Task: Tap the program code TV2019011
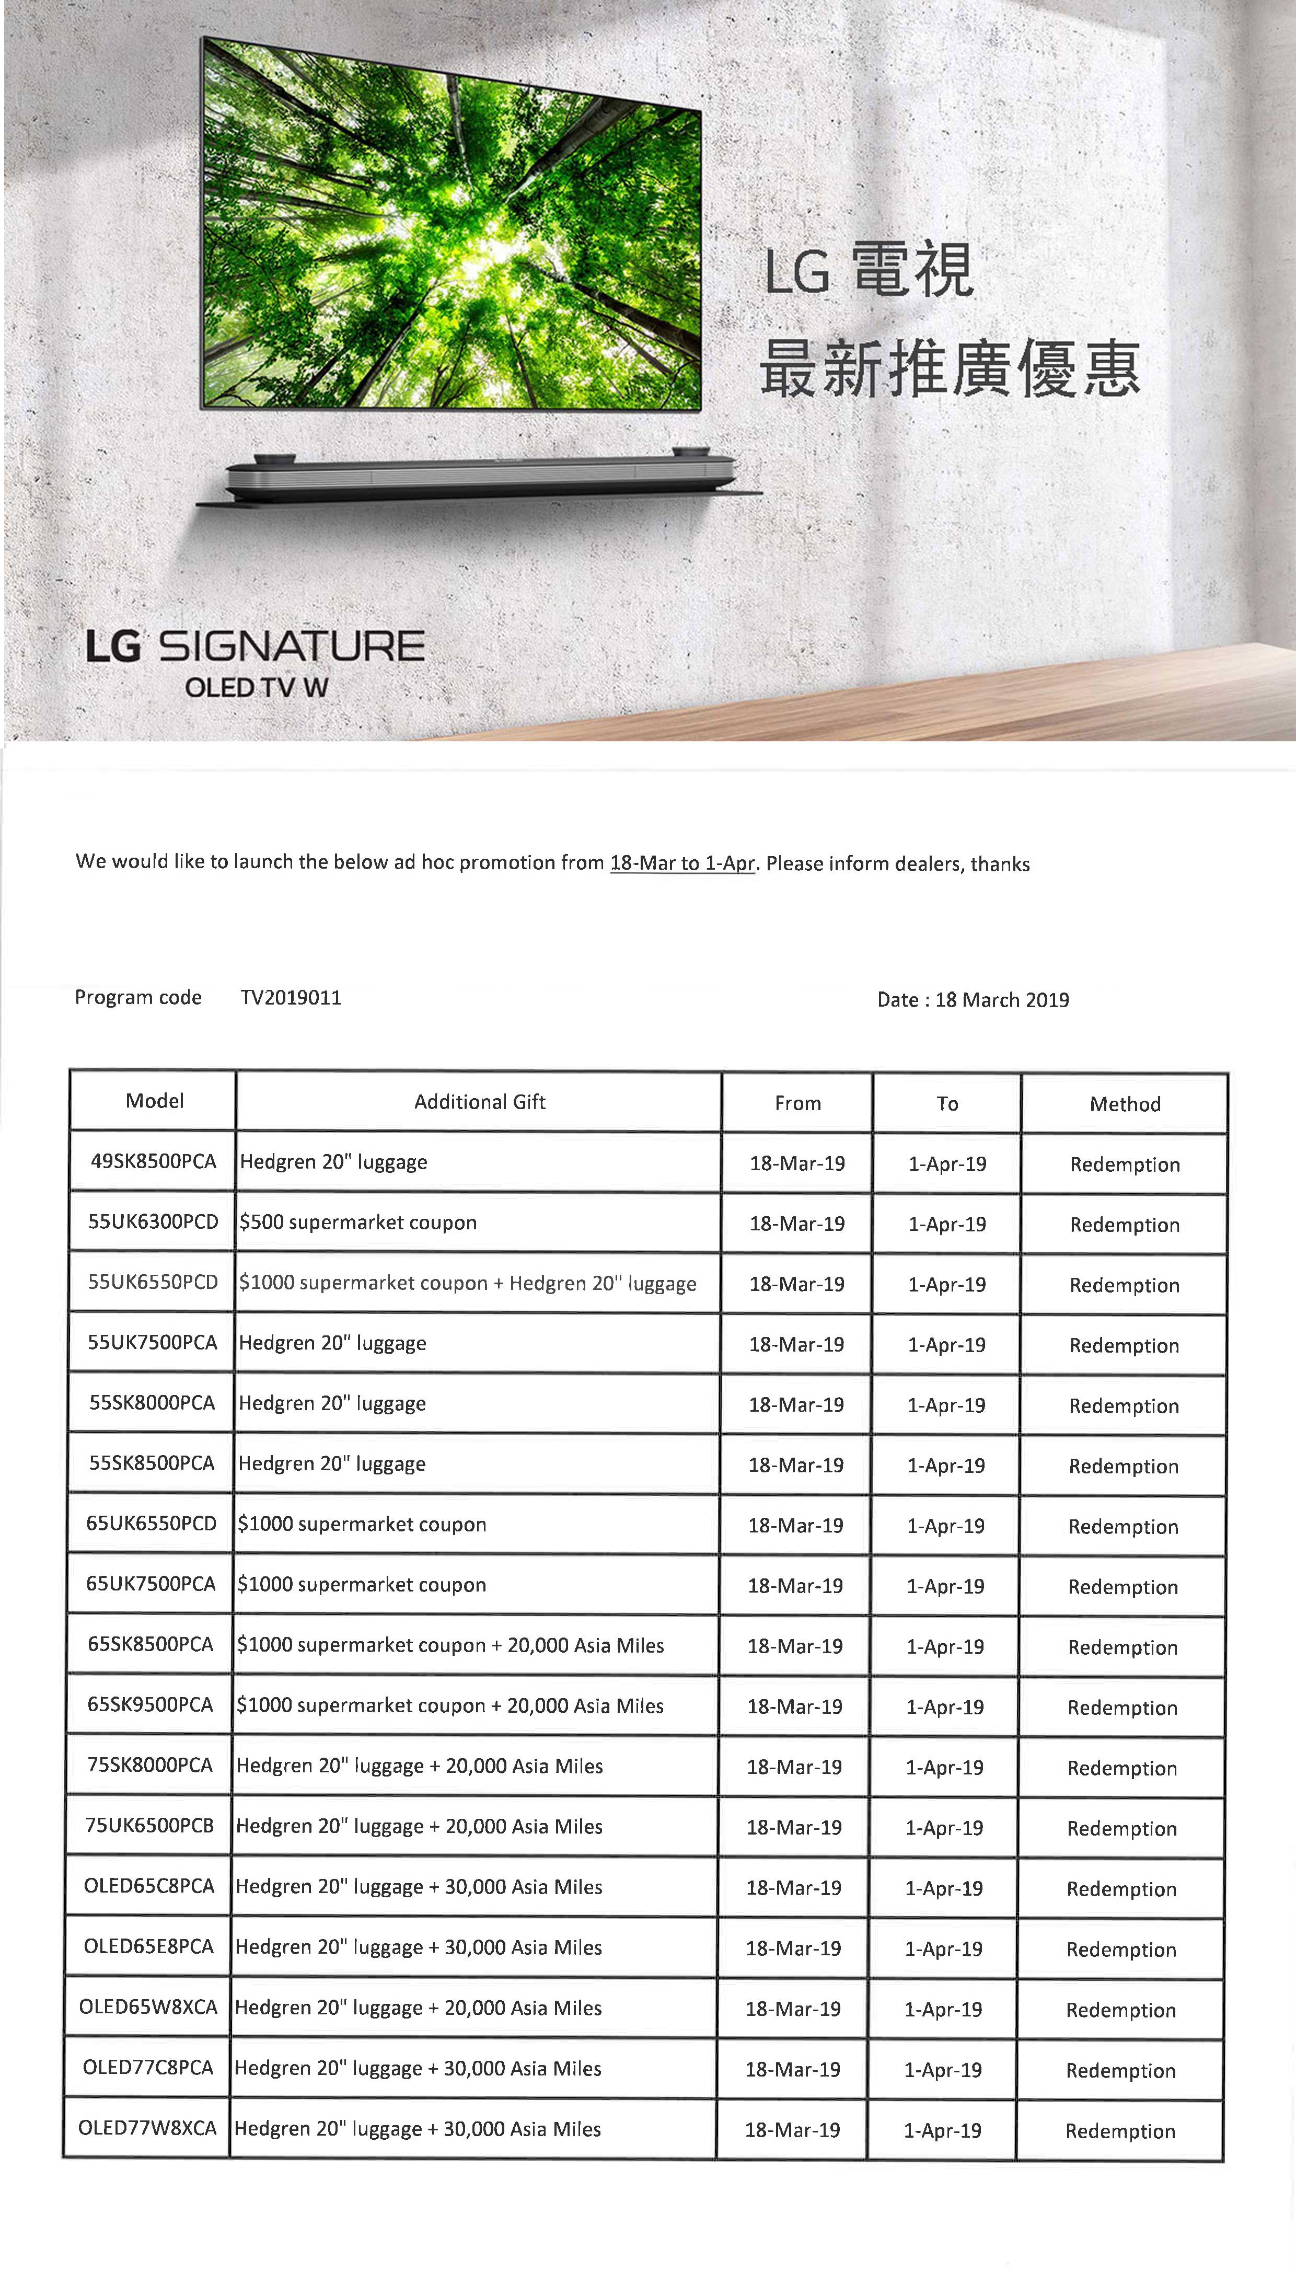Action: tap(290, 997)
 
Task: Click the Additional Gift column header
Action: tap(479, 1102)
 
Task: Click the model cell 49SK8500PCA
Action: tap(153, 1161)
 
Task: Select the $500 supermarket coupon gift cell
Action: tap(358, 1223)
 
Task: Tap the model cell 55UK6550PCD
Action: tap(152, 1282)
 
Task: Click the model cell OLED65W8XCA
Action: tap(148, 2006)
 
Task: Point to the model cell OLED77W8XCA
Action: tap(147, 2128)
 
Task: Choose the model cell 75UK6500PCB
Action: tap(149, 1825)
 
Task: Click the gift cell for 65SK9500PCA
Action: tap(449, 1706)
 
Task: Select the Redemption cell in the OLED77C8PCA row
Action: tap(1120, 2071)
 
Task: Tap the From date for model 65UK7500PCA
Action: tap(795, 1586)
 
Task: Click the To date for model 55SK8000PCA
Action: tap(946, 1405)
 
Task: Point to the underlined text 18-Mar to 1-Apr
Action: tap(682, 863)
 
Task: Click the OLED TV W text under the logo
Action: tap(257, 687)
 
